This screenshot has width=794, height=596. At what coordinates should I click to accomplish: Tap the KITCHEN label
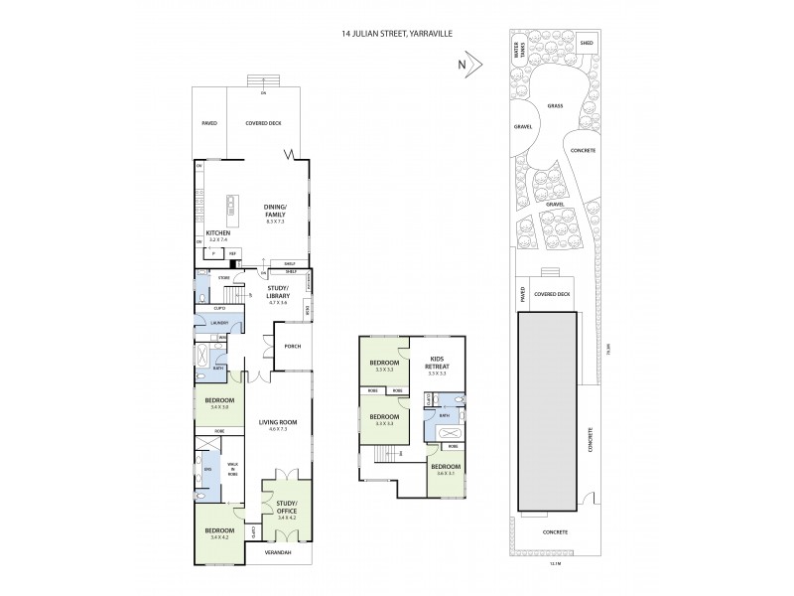pyautogui.click(x=218, y=233)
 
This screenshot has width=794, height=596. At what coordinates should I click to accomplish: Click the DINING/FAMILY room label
pyautogui.click(x=275, y=210)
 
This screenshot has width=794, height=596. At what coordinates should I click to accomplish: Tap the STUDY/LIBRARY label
pyautogui.click(x=283, y=293)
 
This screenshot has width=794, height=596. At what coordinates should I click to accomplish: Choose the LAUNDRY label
pyautogui.click(x=220, y=323)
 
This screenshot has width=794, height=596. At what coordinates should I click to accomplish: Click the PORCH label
pyautogui.click(x=292, y=347)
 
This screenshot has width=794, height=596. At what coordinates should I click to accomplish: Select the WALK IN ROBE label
pyautogui.click(x=233, y=470)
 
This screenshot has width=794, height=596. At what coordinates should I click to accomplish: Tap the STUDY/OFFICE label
pyautogui.click(x=286, y=508)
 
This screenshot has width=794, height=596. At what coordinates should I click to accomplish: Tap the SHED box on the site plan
pyautogui.click(x=559, y=44)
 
